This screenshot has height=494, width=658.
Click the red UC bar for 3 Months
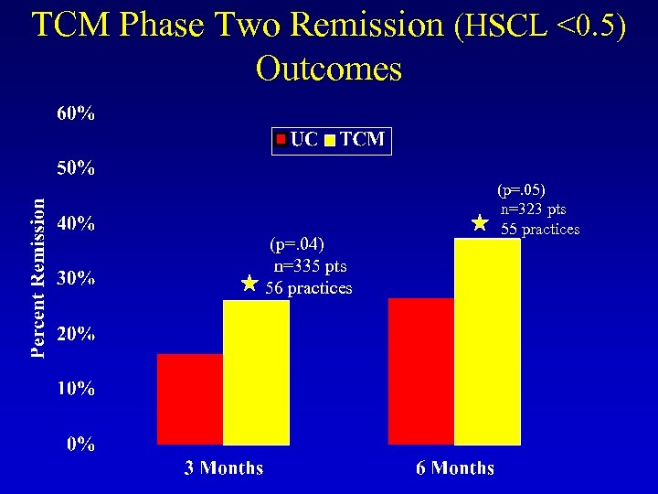point(190,399)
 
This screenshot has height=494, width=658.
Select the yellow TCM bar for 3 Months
point(256,372)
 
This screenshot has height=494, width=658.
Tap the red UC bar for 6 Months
point(421,370)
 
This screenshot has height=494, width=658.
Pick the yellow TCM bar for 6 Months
point(487,341)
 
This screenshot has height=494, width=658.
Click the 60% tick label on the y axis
point(77,114)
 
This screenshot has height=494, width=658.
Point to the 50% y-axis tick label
point(77,169)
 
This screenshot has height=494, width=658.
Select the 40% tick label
point(77,224)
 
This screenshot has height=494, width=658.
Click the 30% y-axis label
point(77,279)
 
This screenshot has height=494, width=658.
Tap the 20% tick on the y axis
point(77,334)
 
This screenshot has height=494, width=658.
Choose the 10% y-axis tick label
point(77,389)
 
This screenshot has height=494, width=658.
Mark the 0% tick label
point(81,445)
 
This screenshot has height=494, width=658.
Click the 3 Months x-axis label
point(224,468)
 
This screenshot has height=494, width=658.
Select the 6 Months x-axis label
point(455,468)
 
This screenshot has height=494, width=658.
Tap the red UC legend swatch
point(283,140)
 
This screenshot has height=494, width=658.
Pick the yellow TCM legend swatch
point(329,141)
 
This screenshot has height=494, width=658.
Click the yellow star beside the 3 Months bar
point(249,284)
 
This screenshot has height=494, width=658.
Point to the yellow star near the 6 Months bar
point(479,222)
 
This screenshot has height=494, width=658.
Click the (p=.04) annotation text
point(297,244)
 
